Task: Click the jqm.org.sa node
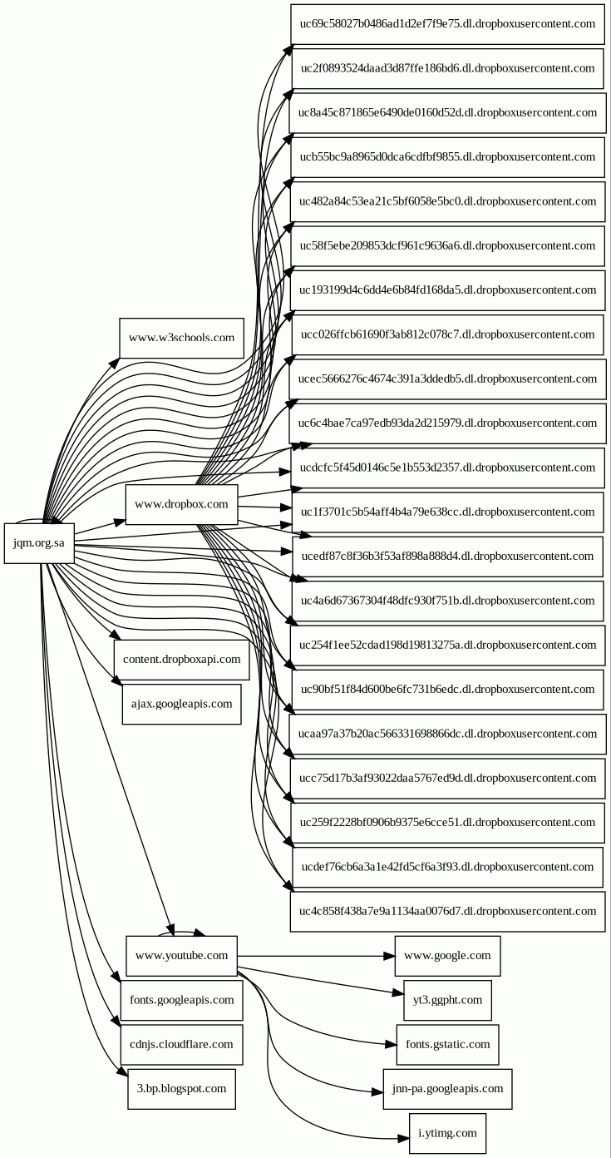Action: tap(39, 543)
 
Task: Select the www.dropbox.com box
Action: tap(181, 504)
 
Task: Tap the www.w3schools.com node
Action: tap(181, 339)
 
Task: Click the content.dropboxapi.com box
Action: tap(181, 660)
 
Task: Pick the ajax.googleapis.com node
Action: tap(181, 704)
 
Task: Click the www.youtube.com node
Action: tap(181, 955)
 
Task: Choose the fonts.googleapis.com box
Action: tap(181, 1000)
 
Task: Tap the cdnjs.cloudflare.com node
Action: tap(181, 1044)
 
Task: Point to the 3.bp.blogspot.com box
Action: tap(181, 1088)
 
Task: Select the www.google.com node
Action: tap(447, 955)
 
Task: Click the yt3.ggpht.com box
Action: tap(447, 1000)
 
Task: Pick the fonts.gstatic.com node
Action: tap(447, 1044)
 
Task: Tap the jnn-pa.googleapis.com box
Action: tap(447, 1088)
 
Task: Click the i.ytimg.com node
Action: tap(447, 1133)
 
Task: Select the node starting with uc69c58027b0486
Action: tap(447, 24)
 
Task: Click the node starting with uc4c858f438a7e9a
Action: tap(447, 911)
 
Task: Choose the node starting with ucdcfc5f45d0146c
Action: tap(447, 468)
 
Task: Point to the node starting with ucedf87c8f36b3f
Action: tap(447, 556)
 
